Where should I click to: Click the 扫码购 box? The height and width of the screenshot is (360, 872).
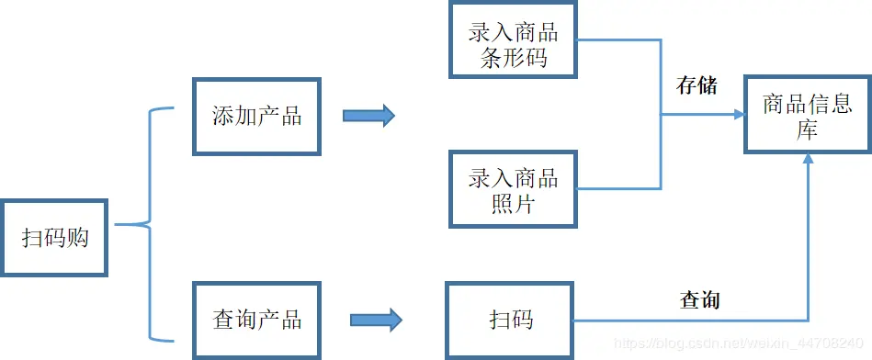tap(54, 237)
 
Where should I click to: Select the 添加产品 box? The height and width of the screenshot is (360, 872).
tap(256, 116)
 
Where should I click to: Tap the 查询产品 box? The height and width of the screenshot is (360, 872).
tap(256, 320)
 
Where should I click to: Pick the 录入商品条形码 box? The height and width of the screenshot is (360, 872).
tap(514, 44)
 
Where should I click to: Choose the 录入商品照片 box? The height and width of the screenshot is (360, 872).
tap(514, 190)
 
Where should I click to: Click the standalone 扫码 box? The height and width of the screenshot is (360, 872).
tap(511, 320)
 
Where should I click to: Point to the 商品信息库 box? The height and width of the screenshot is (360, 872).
tap(808, 116)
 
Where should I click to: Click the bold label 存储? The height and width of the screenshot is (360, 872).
tap(696, 86)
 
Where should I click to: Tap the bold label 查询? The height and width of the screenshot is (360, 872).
tap(699, 300)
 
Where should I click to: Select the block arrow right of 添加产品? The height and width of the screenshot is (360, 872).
tap(368, 116)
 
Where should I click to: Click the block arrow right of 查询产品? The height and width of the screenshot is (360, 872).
tap(375, 320)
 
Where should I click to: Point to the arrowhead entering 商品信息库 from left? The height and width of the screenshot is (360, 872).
tap(739, 115)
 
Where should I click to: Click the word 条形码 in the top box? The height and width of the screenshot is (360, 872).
tap(514, 57)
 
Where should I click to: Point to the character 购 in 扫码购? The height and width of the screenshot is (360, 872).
tap(77, 237)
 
